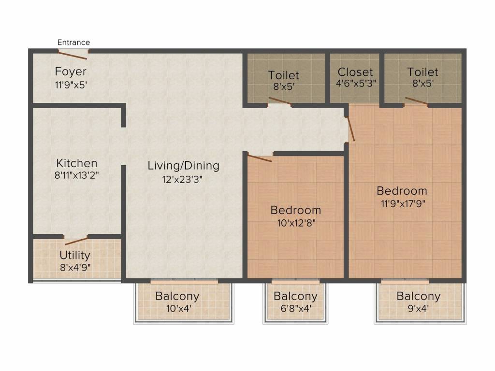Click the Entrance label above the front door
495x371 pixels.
(x=73, y=43)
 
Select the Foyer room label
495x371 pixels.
(x=71, y=71)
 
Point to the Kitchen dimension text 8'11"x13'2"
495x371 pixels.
(x=77, y=175)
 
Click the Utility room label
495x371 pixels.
(x=75, y=255)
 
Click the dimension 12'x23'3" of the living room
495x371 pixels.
(x=182, y=180)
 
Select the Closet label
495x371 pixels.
(x=355, y=72)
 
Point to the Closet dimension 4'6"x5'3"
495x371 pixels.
(x=356, y=83)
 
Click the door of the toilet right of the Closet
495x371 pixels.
(x=416, y=100)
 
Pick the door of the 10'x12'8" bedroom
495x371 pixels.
(x=260, y=157)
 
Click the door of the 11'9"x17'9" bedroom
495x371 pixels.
(x=350, y=129)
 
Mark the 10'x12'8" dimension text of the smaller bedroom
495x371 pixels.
(x=296, y=223)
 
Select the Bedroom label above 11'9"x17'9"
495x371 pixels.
(x=402, y=191)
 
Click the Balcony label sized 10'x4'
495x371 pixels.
(x=177, y=296)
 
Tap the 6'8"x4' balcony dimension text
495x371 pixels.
(x=296, y=308)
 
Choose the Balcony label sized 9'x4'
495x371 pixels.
(x=419, y=296)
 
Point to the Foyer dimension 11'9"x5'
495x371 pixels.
(x=71, y=85)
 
